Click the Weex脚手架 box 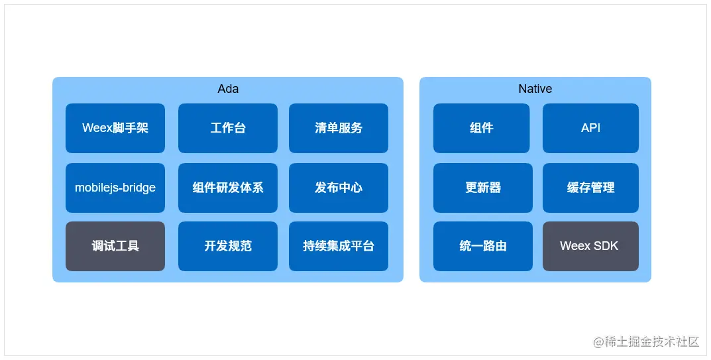(x=115, y=128)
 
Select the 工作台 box (x=228, y=128)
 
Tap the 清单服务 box (x=338, y=128)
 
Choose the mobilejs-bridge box (x=115, y=188)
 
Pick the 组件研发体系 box (x=228, y=188)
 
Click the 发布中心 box (x=338, y=188)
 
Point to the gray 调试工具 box (x=115, y=246)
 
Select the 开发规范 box (x=228, y=246)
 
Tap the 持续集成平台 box (x=338, y=246)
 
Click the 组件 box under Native (x=482, y=128)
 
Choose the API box (x=591, y=128)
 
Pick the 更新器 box (x=483, y=188)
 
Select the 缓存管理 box (x=591, y=188)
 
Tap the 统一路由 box (x=483, y=246)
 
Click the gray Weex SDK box (x=591, y=246)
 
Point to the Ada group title (x=228, y=89)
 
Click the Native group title (x=535, y=89)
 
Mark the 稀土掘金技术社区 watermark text (x=652, y=342)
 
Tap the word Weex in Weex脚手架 (x=97, y=128)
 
